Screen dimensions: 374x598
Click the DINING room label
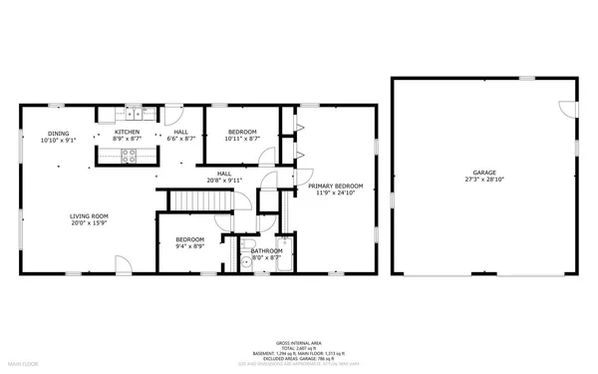tap(59, 134)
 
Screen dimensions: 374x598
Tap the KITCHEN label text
tap(127, 133)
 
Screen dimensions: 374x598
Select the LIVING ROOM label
tap(89, 216)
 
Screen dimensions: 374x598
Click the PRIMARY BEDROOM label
tap(335, 187)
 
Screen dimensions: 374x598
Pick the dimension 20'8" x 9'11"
tap(218, 181)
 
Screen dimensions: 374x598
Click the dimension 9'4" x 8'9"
tap(190, 246)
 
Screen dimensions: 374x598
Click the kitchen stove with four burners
tap(128, 155)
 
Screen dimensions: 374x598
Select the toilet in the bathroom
tap(246, 262)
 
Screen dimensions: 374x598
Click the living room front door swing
tap(120, 262)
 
